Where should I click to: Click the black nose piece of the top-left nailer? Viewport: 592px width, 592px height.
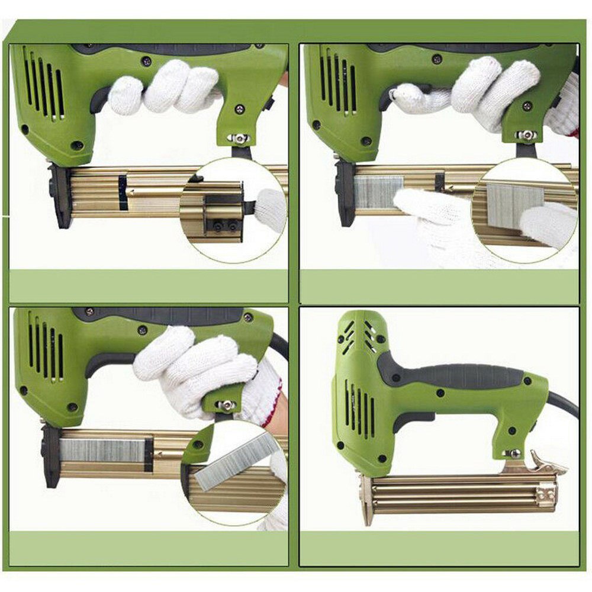(59, 195)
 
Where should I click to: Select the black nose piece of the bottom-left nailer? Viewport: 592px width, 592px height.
(52, 456)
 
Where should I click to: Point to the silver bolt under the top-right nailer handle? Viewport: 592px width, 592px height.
(526, 135)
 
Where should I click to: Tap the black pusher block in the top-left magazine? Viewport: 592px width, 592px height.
(123, 194)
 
